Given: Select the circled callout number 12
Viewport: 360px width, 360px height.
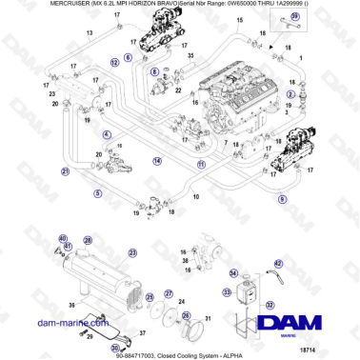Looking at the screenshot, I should tap(114, 60).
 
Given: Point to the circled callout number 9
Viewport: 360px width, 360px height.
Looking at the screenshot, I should tap(282, 199).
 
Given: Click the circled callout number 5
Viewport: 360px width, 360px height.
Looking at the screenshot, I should tap(97, 193).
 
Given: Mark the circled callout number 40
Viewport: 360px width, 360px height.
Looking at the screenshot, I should tap(63, 238).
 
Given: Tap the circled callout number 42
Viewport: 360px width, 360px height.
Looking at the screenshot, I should tap(278, 264).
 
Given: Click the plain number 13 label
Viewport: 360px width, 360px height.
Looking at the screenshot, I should tap(89, 32).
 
